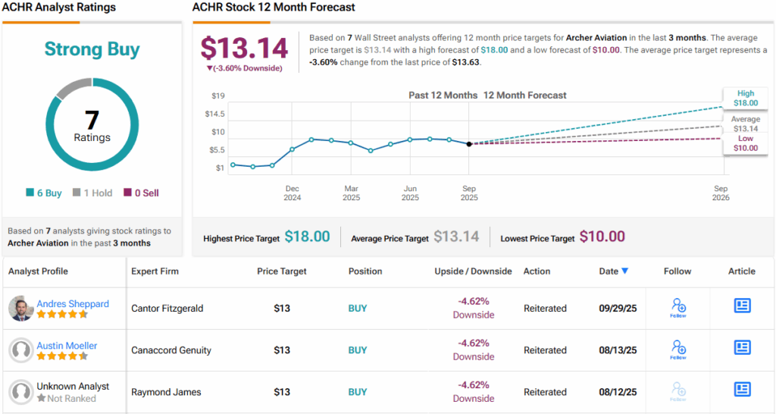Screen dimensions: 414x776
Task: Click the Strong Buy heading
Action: (92, 50)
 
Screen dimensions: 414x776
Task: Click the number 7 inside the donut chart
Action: (92, 120)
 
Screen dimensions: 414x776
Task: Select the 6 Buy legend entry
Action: (44, 193)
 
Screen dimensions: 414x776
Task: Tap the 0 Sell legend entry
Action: (142, 193)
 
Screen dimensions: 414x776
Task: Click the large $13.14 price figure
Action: (244, 49)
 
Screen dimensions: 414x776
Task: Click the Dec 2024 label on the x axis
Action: (293, 193)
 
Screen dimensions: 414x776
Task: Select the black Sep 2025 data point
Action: (469, 143)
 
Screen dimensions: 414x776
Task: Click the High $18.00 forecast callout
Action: (745, 98)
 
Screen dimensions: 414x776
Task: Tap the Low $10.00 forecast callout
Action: (745, 143)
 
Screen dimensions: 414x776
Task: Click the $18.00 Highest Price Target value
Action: (307, 237)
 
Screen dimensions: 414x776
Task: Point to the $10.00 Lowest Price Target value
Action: (602, 237)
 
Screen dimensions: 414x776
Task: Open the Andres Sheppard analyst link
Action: (73, 304)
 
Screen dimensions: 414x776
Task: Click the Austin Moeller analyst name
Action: (67, 346)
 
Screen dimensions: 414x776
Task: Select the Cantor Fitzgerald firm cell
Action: (167, 309)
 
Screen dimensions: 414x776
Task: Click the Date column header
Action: (613, 271)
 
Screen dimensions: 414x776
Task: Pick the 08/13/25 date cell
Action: (618, 350)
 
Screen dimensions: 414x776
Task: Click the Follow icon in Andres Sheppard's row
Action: (678, 307)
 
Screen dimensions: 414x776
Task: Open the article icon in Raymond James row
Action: (742, 389)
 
